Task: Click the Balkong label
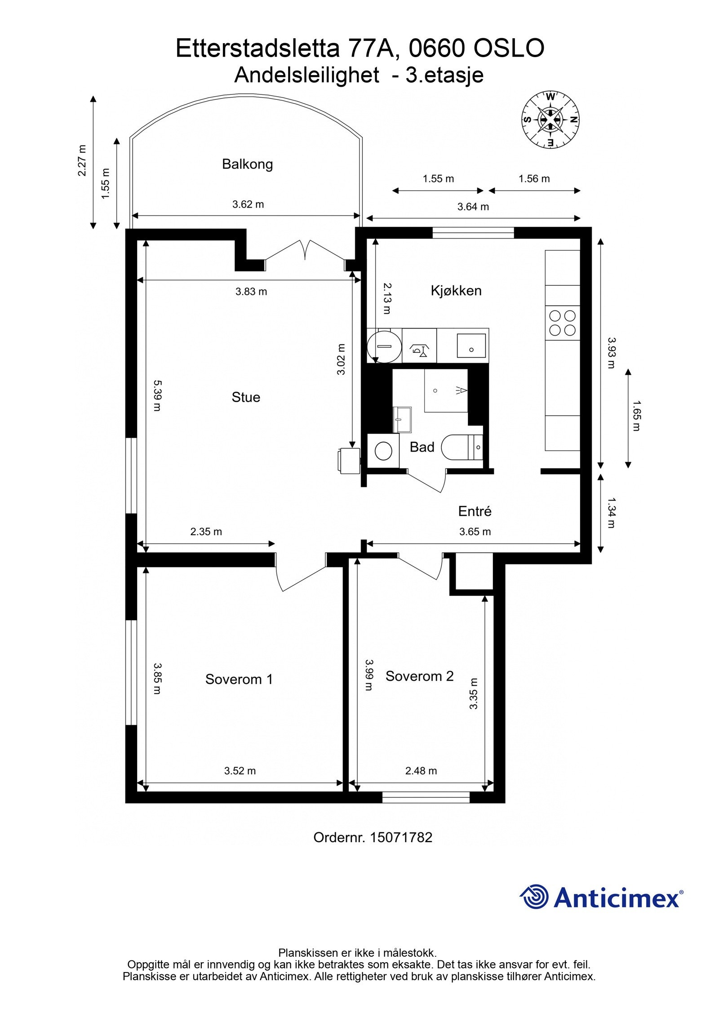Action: point(247,164)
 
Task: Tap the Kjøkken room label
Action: point(456,291)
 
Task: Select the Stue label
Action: point(246,397)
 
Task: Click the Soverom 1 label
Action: point(239,679)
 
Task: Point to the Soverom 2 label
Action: point(419,676)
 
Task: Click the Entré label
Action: point(475,511)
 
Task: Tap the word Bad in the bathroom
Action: point(422,447)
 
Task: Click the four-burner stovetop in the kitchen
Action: point(562,323)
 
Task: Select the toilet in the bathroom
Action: point(461,447)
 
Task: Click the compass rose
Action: point(550,120)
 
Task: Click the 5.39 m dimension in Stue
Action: point(157,395)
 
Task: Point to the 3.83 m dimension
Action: point(251,292)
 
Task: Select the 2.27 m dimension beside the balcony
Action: point(82,160)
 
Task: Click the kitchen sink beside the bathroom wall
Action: point(471,345)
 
